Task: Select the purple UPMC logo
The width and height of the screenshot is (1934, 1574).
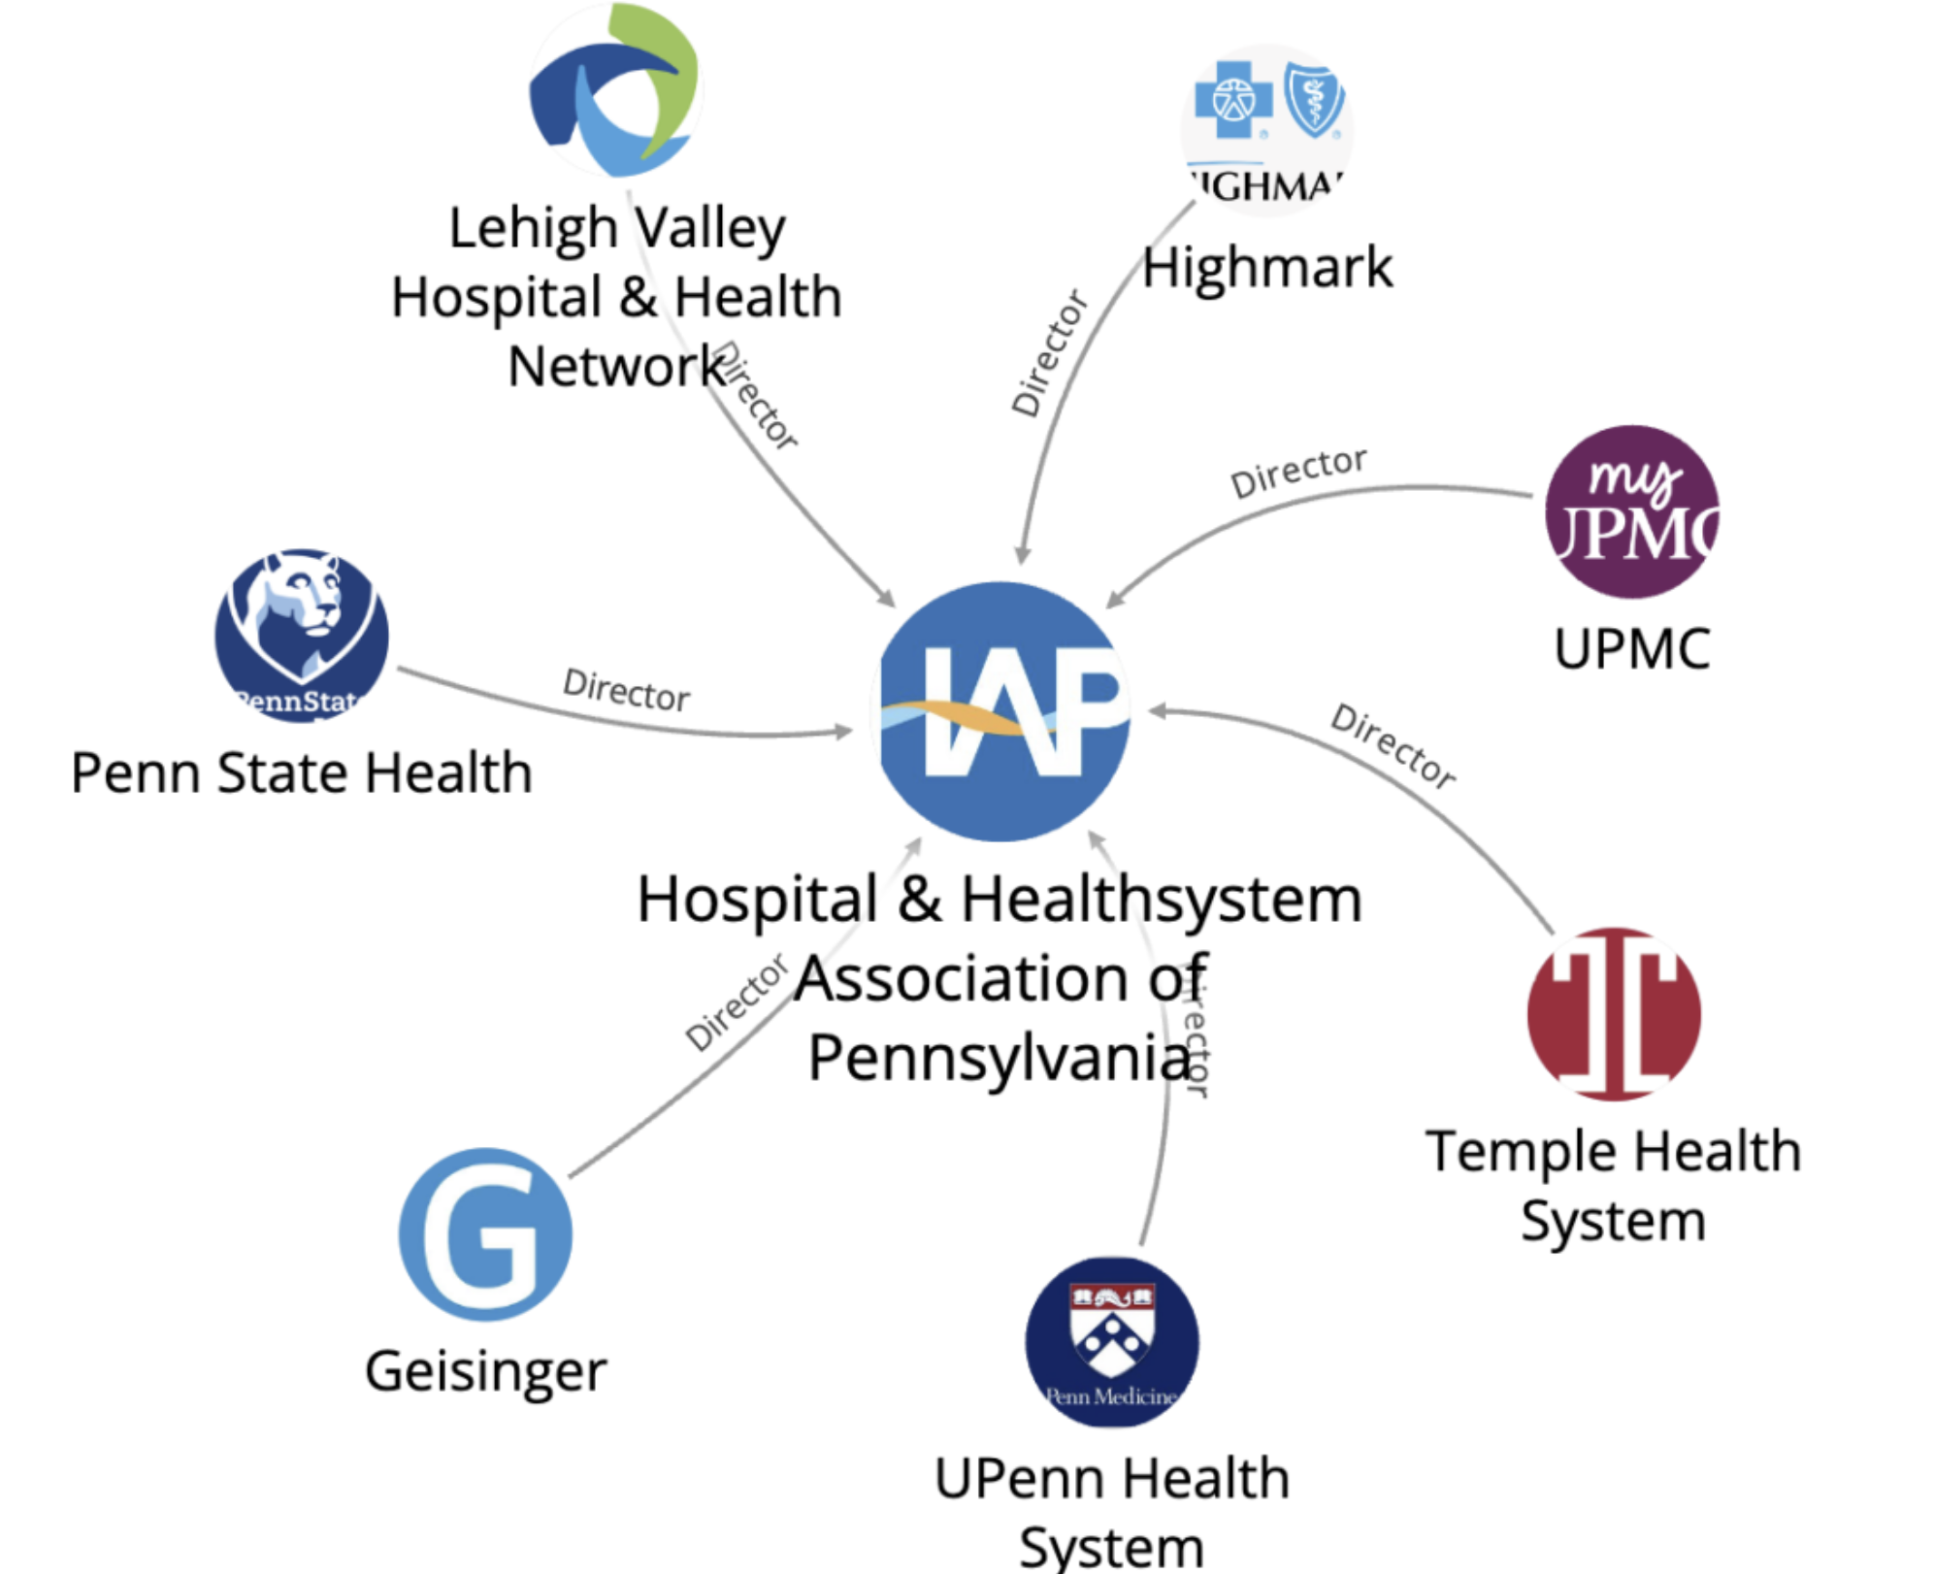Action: point(1631,512)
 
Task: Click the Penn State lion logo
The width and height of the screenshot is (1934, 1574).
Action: point(302,636)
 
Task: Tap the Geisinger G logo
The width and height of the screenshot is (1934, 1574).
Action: point(485,1234)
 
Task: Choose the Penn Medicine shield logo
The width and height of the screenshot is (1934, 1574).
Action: point(1112,1342)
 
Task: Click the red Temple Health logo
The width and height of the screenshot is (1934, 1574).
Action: point(1614,1014)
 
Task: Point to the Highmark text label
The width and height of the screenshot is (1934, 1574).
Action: point(1266,268)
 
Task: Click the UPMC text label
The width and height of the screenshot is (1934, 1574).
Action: point(1631,648)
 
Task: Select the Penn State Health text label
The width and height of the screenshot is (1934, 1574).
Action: point(302,773)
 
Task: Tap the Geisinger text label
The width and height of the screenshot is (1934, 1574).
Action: point(485,1371)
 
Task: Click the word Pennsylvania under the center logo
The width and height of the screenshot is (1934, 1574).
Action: point(1000,1058)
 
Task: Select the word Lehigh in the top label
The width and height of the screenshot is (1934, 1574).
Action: point(533,229)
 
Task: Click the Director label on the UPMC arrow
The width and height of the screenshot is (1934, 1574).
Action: point(1298,472)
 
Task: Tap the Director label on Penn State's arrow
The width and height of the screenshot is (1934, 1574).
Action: point(627,690)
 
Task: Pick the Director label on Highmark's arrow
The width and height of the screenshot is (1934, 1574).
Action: point(1050,353)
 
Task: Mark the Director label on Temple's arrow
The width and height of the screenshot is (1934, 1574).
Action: point(1393,746)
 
